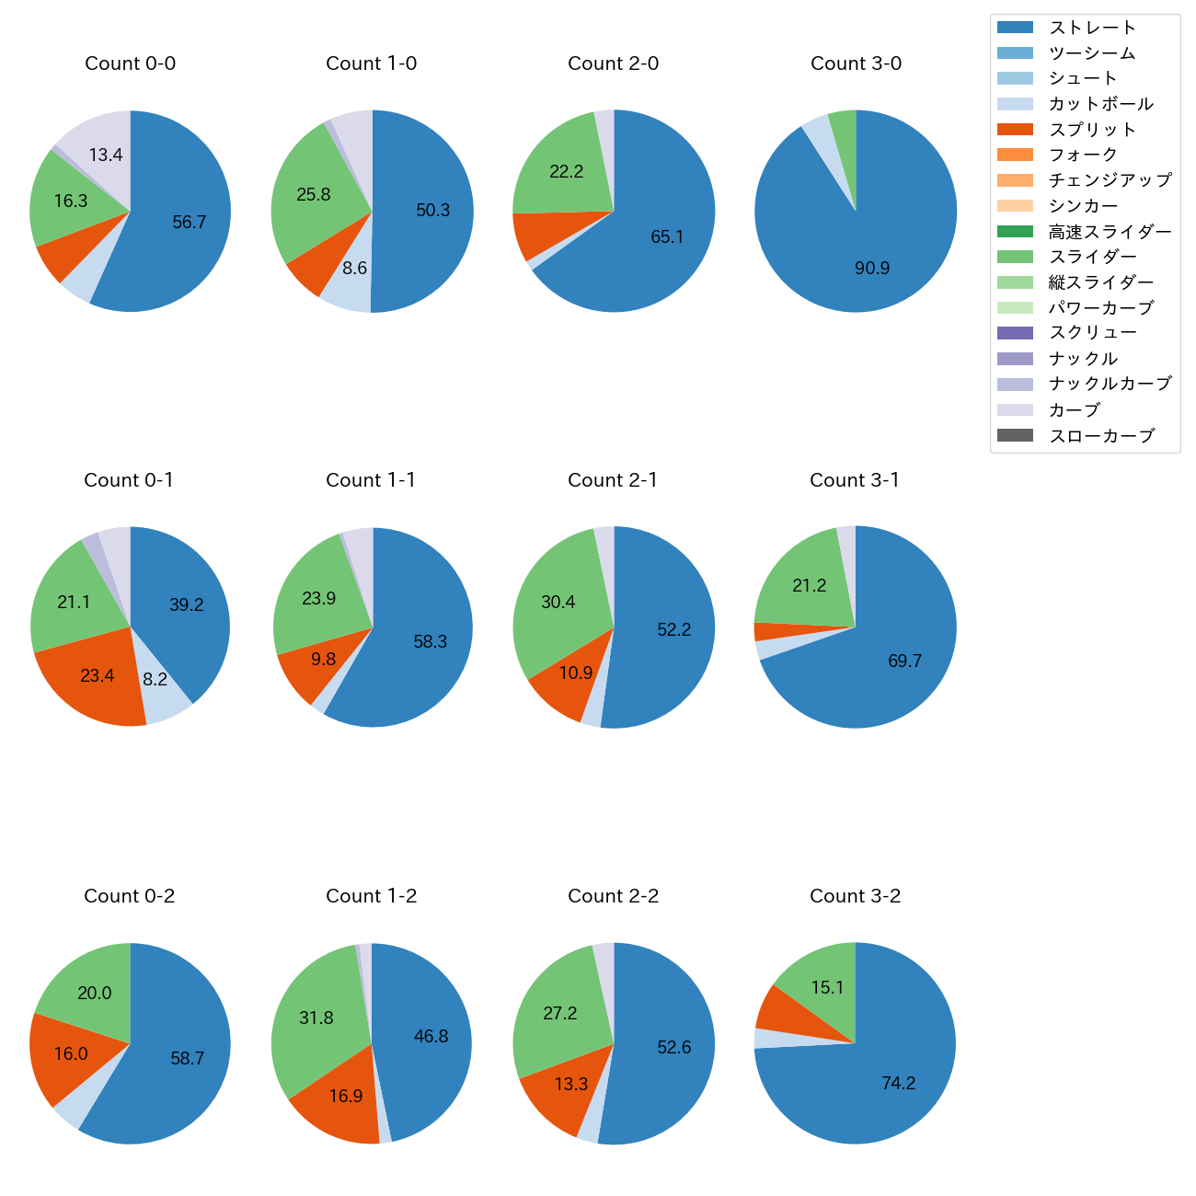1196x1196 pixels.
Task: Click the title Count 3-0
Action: tap(856, 63)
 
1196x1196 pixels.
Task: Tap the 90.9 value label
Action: tap(871, 269)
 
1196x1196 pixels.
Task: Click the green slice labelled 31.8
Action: tap(316, 1018)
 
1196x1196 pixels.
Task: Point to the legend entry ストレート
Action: tap(1091, 28)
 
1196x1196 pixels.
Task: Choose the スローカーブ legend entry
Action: tap(1100, 436)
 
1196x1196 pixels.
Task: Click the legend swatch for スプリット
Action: tap(1015, 130)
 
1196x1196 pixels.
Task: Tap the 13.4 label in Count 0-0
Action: tap(106, 155)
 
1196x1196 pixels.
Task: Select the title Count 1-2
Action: tap(371, 896)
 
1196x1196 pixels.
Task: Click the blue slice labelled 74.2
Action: tap(898, 1084)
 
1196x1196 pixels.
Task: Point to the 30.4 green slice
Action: tap(558, 603)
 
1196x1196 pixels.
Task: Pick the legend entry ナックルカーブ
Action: tap(1110, 385)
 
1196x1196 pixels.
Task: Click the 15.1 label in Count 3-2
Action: tap(827, 988)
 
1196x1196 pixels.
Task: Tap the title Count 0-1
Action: tap(129, 480)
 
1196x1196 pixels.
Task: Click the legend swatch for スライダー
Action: tap(1015, 258)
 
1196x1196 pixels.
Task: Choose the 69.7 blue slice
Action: tap(904, 661)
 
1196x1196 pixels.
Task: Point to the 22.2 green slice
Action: tap(566, 171)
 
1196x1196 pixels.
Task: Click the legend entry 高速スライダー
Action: tap(1110, 232)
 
